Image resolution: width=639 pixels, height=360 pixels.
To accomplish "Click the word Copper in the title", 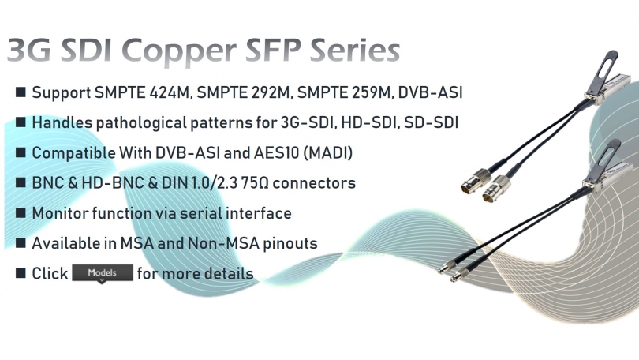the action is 179,52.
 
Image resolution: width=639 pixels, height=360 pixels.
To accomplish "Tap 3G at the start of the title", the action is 28,51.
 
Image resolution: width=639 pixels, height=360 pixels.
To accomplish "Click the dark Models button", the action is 103,272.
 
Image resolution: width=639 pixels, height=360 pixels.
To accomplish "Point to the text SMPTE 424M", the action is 142,92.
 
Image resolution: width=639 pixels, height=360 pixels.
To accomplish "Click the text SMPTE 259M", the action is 343,92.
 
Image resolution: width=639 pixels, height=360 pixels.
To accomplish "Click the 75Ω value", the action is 255,183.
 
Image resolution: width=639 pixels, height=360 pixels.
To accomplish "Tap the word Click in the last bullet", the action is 50,274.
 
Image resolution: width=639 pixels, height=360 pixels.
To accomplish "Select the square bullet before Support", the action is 21,92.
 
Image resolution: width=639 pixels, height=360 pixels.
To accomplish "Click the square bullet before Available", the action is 21,242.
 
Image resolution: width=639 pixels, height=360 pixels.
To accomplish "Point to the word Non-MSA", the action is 223,243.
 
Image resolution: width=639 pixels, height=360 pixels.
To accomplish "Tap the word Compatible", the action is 74,153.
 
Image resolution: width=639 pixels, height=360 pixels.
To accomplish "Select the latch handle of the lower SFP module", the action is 603,159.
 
